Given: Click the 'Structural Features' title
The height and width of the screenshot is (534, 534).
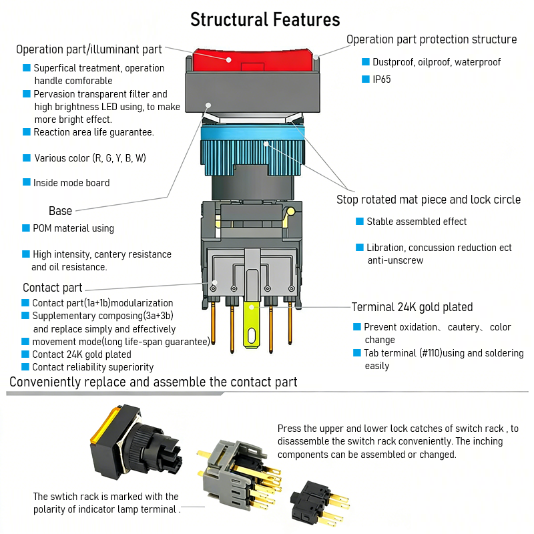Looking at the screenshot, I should (265, 19).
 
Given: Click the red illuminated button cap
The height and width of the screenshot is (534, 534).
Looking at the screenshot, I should (254, 61).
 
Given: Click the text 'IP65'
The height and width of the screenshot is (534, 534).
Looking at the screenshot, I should (382, 79).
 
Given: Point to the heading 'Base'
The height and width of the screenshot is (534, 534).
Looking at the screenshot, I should (60, 211).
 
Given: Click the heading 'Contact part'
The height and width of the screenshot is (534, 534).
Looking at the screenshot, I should (53, 288).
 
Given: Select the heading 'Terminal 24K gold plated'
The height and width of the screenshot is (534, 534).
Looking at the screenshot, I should (412, 307).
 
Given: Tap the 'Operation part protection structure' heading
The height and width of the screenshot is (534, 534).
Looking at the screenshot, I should (431, 39).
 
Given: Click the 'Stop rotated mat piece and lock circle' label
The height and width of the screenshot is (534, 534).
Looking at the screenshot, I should (428, 200).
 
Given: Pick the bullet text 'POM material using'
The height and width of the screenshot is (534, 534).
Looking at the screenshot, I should (73, 228).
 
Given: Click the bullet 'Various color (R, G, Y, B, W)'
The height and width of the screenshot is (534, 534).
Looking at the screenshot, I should (89, 158).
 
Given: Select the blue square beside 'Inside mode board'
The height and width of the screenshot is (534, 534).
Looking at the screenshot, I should (27, 182).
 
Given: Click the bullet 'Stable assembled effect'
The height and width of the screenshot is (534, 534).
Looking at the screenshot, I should (417, 222).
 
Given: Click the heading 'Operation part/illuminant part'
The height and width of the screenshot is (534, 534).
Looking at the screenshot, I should (89, 49).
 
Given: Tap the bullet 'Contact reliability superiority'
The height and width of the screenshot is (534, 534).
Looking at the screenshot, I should (93, 367).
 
